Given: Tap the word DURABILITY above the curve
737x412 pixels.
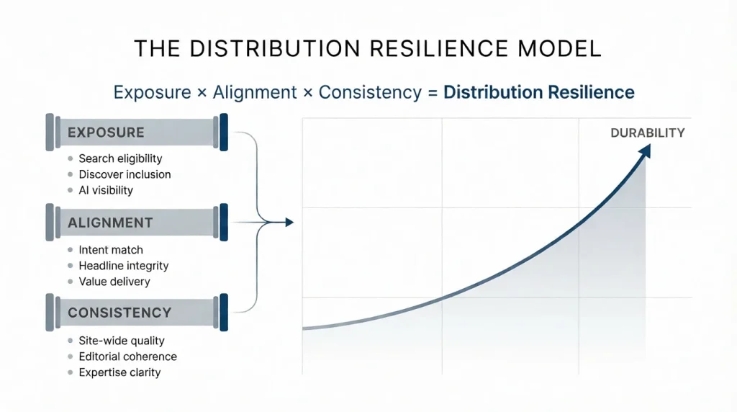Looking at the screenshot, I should [x=647, y=133].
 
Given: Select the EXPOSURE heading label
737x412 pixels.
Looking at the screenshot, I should [x=106, y=133].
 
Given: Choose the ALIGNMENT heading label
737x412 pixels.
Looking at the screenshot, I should [x=110, y=223].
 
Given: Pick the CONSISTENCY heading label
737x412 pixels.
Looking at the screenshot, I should [x=119, y=313].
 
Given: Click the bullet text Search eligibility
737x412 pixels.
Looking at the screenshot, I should [x=120, y=158].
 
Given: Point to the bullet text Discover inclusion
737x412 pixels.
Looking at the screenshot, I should [x=125, y=174].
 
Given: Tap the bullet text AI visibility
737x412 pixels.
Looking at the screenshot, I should [x=106, y=190].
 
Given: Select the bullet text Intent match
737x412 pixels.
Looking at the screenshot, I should [x=111, y=250].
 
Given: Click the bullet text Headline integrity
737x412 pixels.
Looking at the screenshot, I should [x=124, y=266].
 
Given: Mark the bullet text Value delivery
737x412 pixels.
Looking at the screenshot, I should [x=114, y=282].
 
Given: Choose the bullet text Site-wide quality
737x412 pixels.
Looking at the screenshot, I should [x=122, y=341].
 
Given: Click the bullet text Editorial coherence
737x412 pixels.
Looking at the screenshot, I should [x=127, y=357].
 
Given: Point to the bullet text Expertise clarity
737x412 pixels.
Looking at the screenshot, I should [x=119, y=372].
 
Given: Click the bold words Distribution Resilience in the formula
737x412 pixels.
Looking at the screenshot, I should [x=538, y=92].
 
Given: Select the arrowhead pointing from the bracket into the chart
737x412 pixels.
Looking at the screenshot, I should [x=289, y=223].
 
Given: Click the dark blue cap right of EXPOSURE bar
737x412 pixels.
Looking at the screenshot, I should [x=223, y=133].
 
